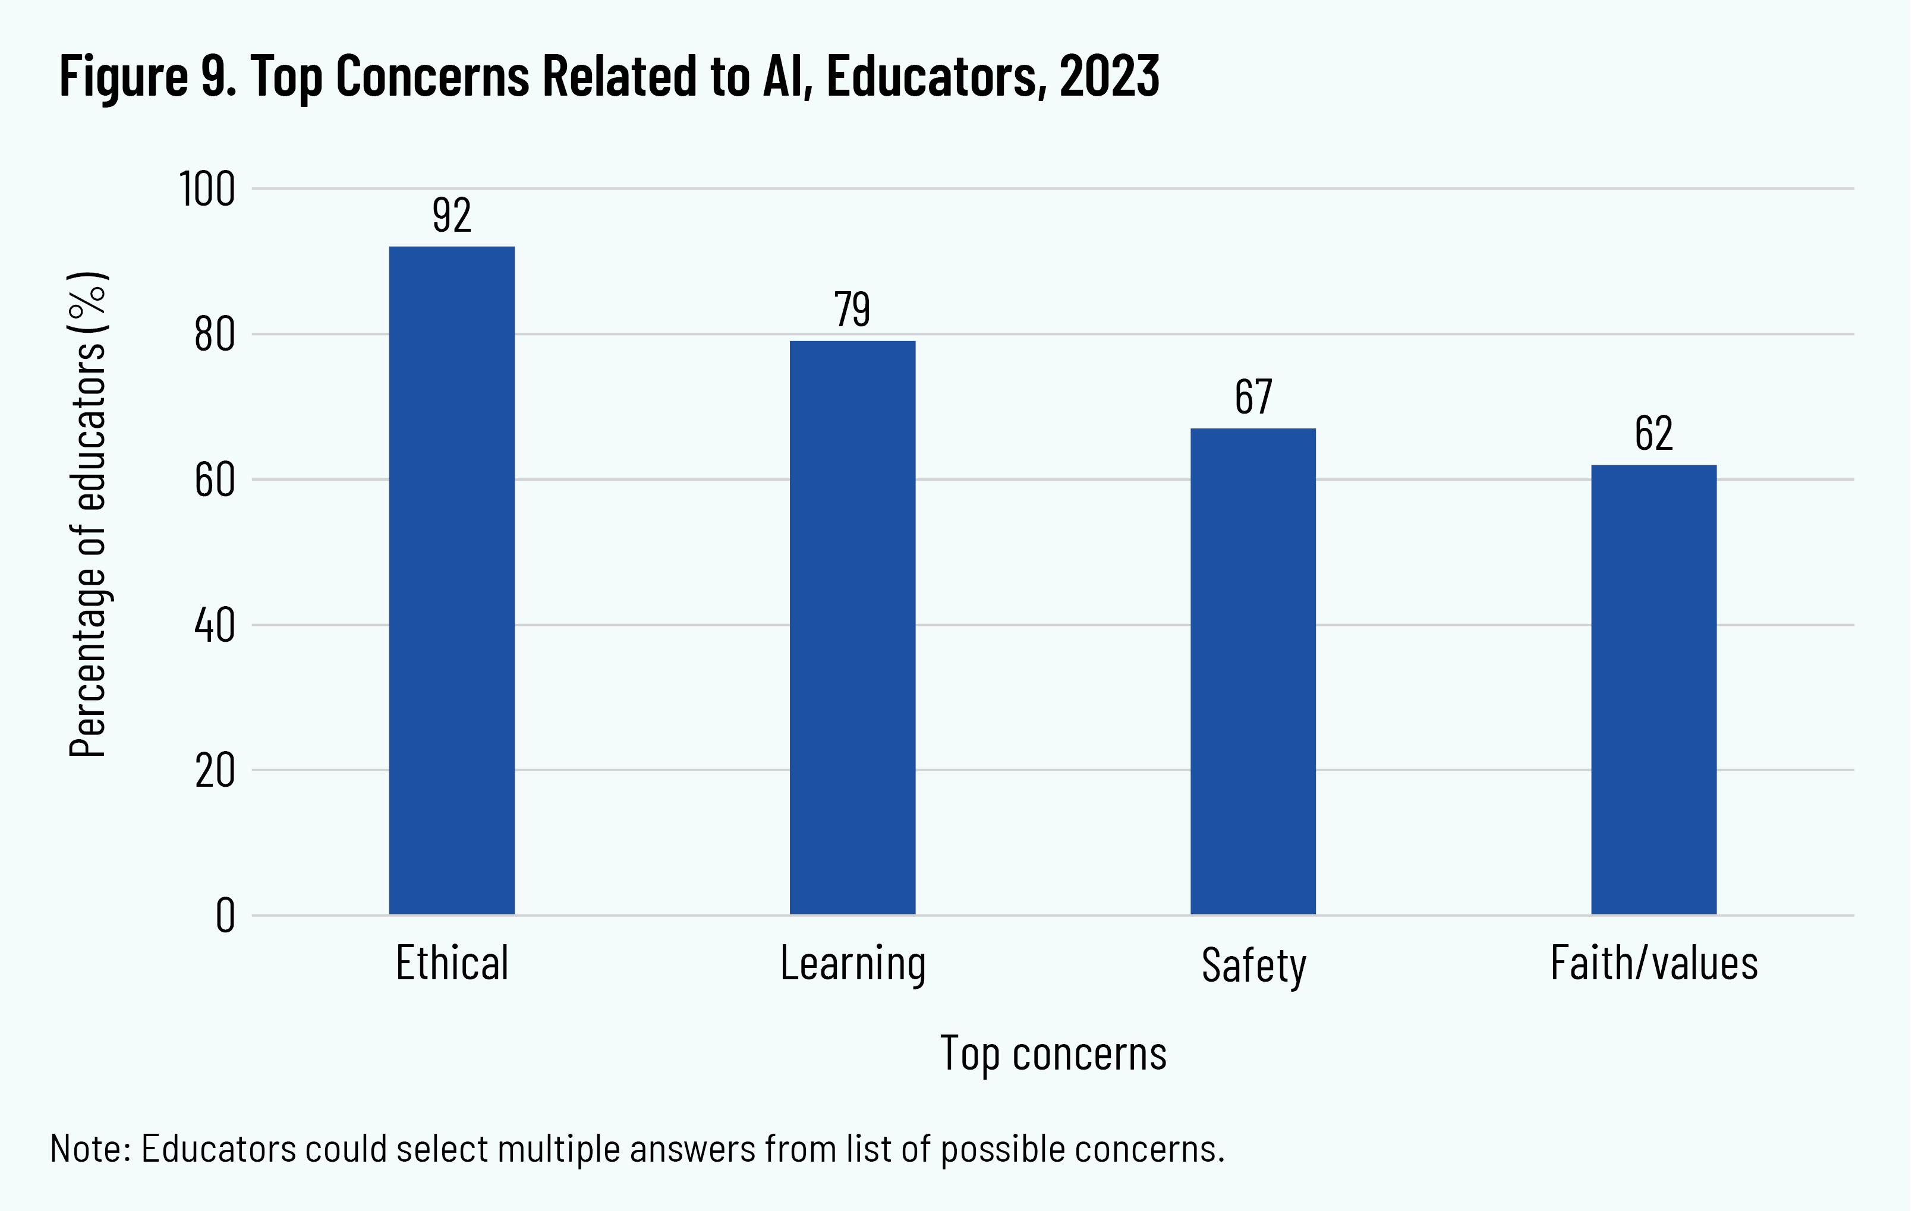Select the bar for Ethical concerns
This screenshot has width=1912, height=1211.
click(x=451, y=580)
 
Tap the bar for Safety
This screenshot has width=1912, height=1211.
click(x=1253, y=671)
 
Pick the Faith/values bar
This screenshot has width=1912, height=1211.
click(x=1654, y=689)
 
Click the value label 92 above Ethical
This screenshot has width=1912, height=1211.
click(x=452, y=215)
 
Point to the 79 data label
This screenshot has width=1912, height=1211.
click(x=852, y=309)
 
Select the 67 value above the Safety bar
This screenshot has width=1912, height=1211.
click(x=1253, y=397)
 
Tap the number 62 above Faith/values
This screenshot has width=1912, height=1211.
click(x=1654, y=434)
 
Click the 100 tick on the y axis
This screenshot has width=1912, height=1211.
click(x=207, y=190)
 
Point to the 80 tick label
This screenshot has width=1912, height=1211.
click(x=215, y=335)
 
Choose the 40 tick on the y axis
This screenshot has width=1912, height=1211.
click(x=215, y=626)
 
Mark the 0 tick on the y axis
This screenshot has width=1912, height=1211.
click(x=225, y=916)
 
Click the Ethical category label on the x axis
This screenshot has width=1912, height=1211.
click(x=452, y=963)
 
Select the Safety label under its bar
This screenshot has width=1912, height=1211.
click(x=1253, y=966)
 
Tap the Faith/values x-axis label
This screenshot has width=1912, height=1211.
click(x=1654, y=963)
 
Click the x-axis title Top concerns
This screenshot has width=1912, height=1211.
click(x=1053, y=1054)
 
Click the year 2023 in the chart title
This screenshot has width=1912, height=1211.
click(x=1109, y=77)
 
